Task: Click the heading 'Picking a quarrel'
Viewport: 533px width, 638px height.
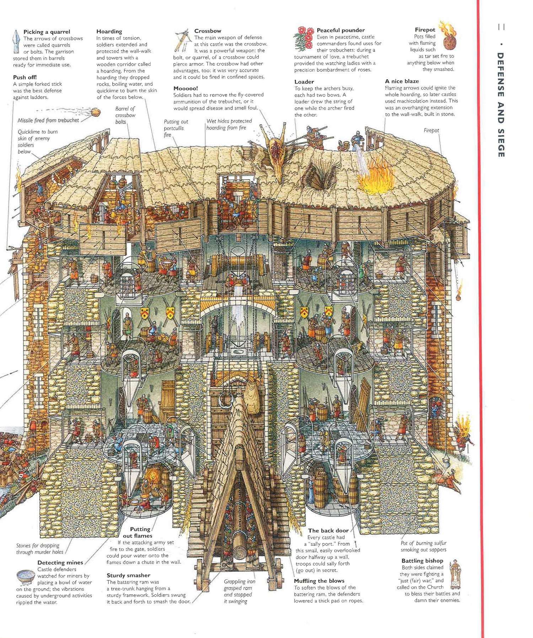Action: click(x=47, y=32)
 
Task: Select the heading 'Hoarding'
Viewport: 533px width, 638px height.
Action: click(x=109, y=31)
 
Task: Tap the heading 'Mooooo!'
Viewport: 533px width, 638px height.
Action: click(x=185, y=88)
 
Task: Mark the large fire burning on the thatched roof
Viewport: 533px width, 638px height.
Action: click(x=373, y=178)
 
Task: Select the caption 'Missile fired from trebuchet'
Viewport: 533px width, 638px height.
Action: click(x=48, y=120)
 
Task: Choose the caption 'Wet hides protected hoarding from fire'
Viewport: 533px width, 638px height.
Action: click(x=229, y=124)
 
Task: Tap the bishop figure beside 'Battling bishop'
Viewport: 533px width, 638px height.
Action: click(x=455, y=575)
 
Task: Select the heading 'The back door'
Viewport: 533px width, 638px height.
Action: click(x=328, y=531)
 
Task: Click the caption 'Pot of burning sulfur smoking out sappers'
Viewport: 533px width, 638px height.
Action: click(x=423, y=546)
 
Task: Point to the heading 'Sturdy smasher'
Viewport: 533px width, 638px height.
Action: click(x=128, y=575)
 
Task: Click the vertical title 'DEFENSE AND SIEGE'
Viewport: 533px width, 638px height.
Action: click(x=501, y=104)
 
